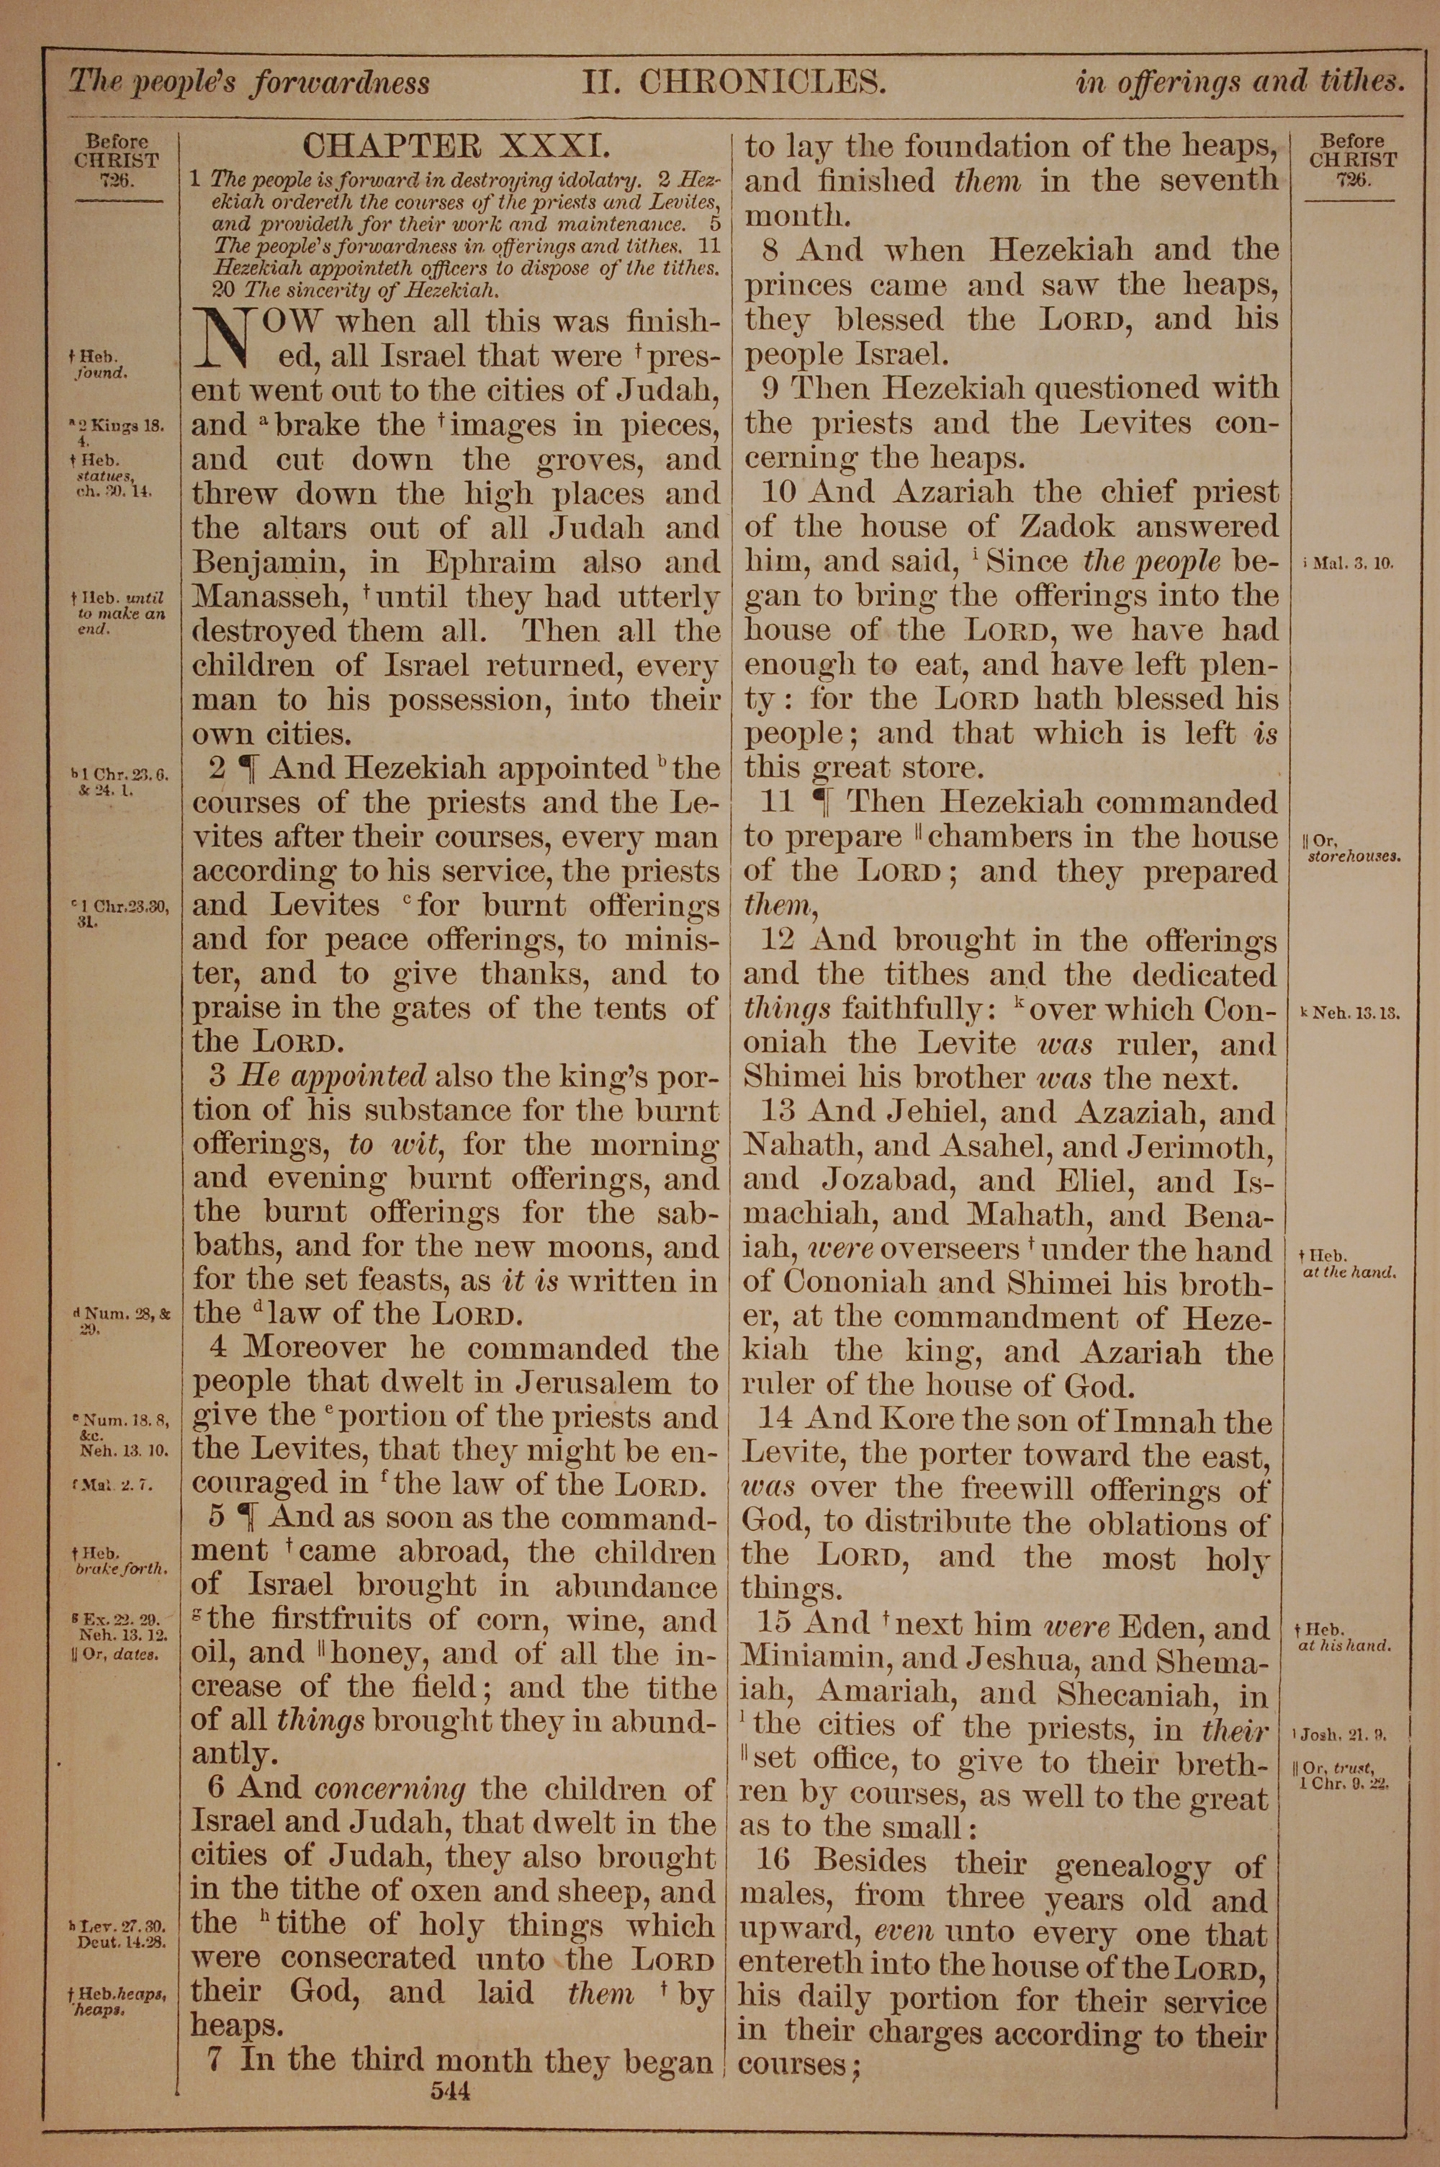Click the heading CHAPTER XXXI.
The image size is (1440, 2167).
click(456, 146)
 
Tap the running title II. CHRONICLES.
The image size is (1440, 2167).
click(734, 84)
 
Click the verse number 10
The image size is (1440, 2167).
click(779, 491)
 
